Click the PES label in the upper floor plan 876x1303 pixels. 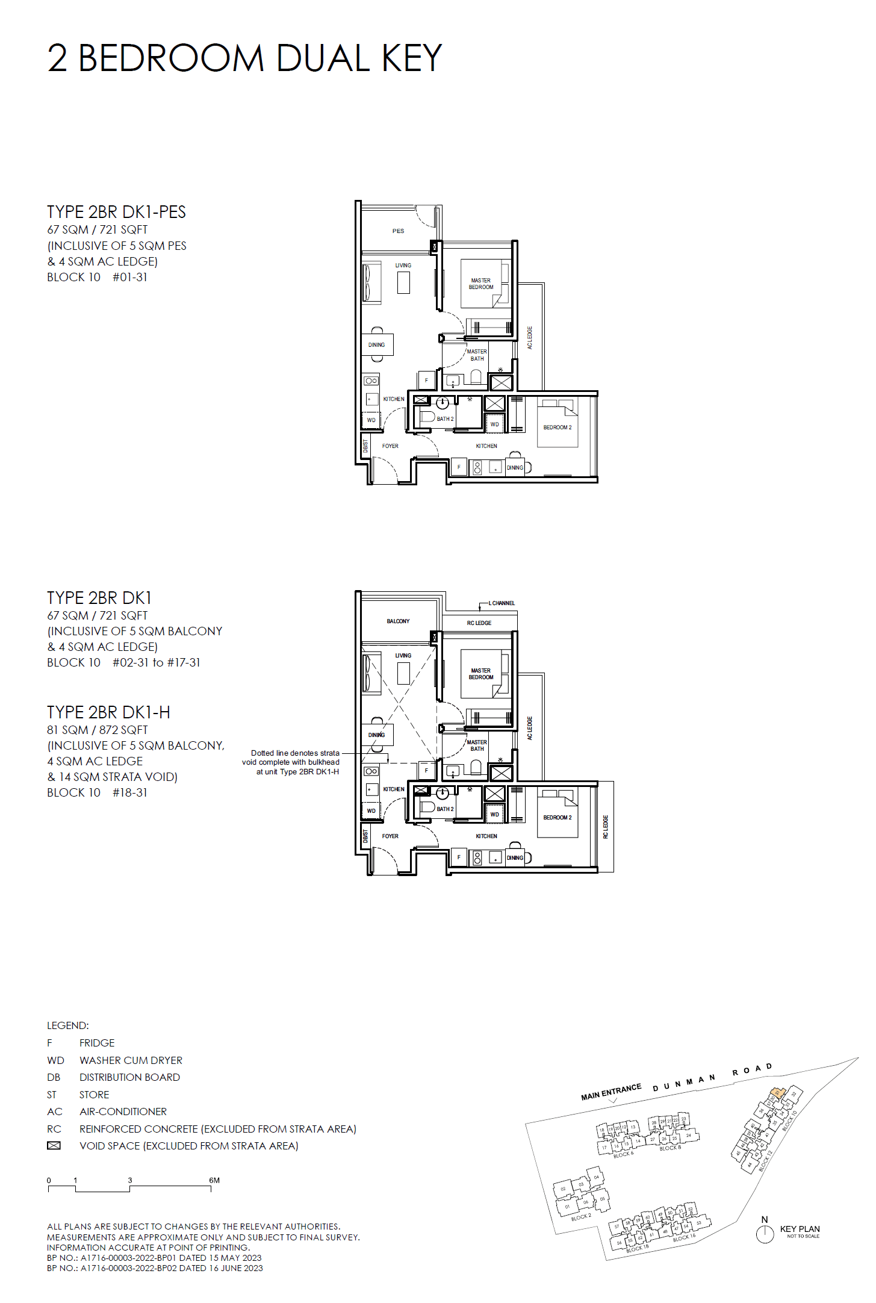(x=398, y=231)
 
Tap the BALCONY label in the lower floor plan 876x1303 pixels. (x=398, y=621)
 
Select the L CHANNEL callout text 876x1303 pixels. (x=502, y=603)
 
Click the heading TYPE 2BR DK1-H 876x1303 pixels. (x=108, y=712)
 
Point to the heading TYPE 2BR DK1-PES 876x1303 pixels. (x=116, y=212)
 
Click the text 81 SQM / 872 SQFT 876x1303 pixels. (x=98, y=730)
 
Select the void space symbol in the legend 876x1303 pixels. (x=54, y=1146)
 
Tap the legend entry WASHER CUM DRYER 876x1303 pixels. (x=131, y=1060)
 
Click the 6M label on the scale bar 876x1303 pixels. (x=214, y=1180)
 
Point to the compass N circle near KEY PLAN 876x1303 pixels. (x=765, y=1234)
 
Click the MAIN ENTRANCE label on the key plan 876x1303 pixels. (x=610, y=1092)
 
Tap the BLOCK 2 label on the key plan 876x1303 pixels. (x=581, y=1217)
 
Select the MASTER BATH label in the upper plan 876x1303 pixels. (x=477, y=355)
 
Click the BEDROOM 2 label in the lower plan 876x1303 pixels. (x=558, y=817)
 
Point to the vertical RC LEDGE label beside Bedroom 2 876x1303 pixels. (x=606, y=827)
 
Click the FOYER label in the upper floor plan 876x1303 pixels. (x=390, y=446)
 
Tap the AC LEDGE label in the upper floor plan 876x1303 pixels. (x=530, y=338)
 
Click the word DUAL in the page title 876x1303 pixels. (x=323, y=58)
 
